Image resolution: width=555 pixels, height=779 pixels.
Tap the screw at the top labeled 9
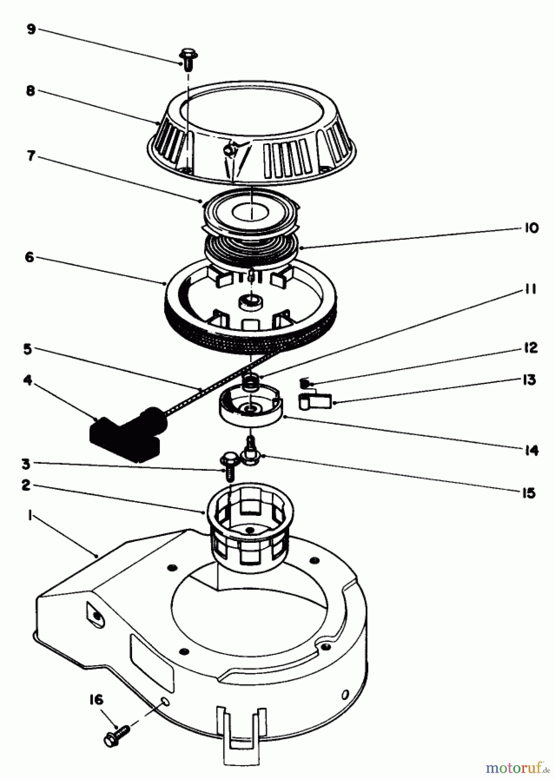pos(188,59)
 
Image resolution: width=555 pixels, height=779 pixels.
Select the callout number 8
pos(31,92)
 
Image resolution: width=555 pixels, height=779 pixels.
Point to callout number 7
pos(31,156)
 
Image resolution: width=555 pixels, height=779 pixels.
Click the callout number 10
pos(531,228)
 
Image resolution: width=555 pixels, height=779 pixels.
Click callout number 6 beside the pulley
pos(29,257)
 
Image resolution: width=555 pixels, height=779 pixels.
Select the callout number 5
pos(28,349)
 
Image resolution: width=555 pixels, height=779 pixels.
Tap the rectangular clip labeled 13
pos(315,402)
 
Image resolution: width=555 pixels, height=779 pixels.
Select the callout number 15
pos(529,493)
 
